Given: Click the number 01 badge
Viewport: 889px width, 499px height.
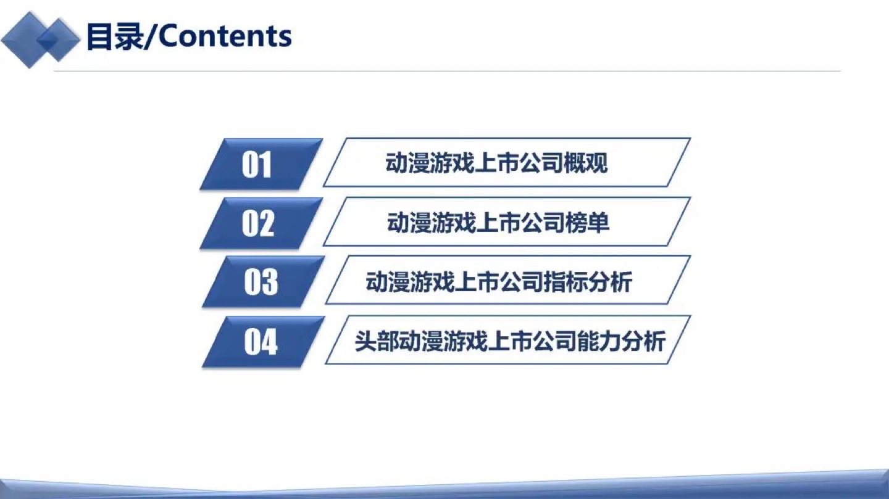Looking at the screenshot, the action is pyautogui.click(x=261, y=164).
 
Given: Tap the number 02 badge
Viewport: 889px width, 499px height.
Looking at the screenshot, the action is pyautogui.click(x=261, y=223).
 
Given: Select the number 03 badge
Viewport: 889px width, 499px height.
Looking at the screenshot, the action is pyautogui.click(x=264, y=282).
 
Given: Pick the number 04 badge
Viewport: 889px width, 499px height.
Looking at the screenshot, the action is pyautogui.click(x=264, y=341).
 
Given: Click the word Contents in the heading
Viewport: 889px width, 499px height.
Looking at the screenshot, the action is pyautogui.click(x=225, y=36).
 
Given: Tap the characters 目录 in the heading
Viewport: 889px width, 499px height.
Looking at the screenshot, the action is pyautogui.click(x=115, y=36).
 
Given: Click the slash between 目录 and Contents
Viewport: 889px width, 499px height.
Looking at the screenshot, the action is pyautogui.click(x=151, y=36).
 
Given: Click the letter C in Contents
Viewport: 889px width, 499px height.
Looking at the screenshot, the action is pyautogui.click(x=169, y=36).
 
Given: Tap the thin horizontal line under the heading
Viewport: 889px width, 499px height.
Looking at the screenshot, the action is pyautogui.click(x=447, y=72).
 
